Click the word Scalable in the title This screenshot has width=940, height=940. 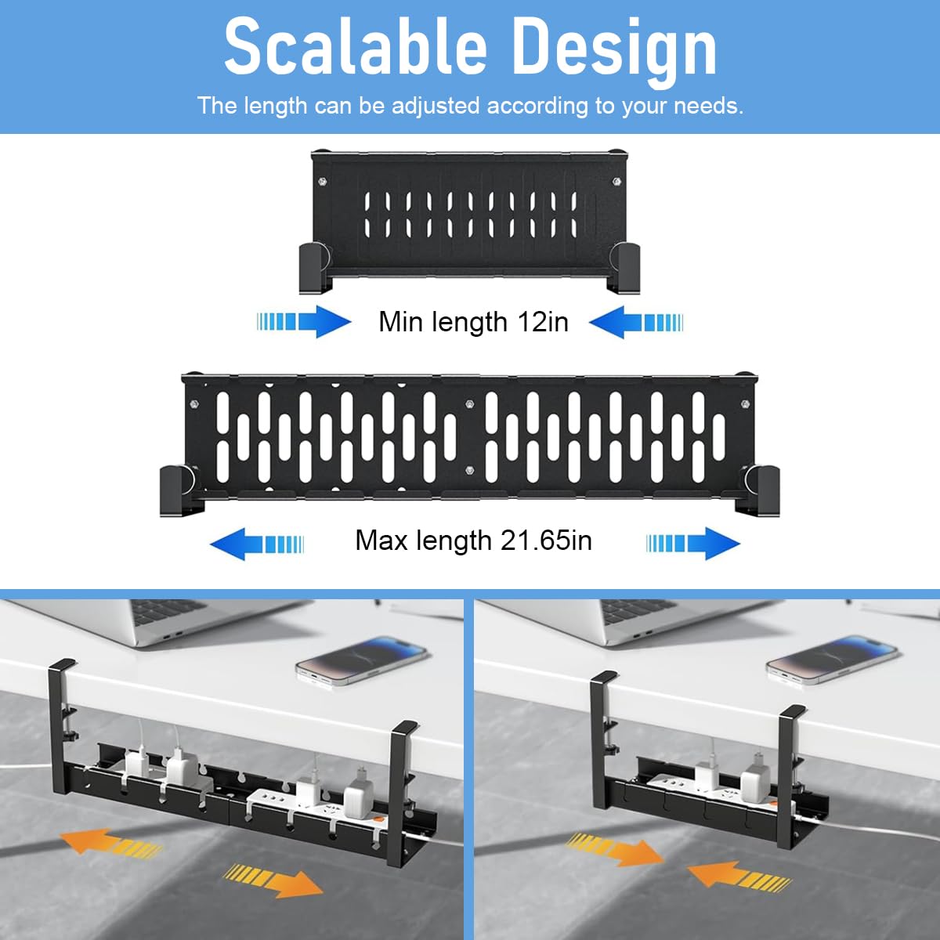pos(356,47)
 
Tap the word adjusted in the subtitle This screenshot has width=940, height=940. pos(436,106)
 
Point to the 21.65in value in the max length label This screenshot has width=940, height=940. pos(546,540)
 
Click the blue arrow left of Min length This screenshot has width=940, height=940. pos(304,321)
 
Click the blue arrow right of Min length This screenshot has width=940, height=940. pos(636,322)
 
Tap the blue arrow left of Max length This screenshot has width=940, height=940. pos(257,544)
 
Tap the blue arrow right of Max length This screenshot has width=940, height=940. pos(693,543)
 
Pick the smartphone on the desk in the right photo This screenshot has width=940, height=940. pos(832,659)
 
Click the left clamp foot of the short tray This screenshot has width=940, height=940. pos(315,268)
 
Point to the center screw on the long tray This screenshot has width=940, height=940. pos(470,404)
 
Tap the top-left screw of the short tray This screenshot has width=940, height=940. pos(321,183)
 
